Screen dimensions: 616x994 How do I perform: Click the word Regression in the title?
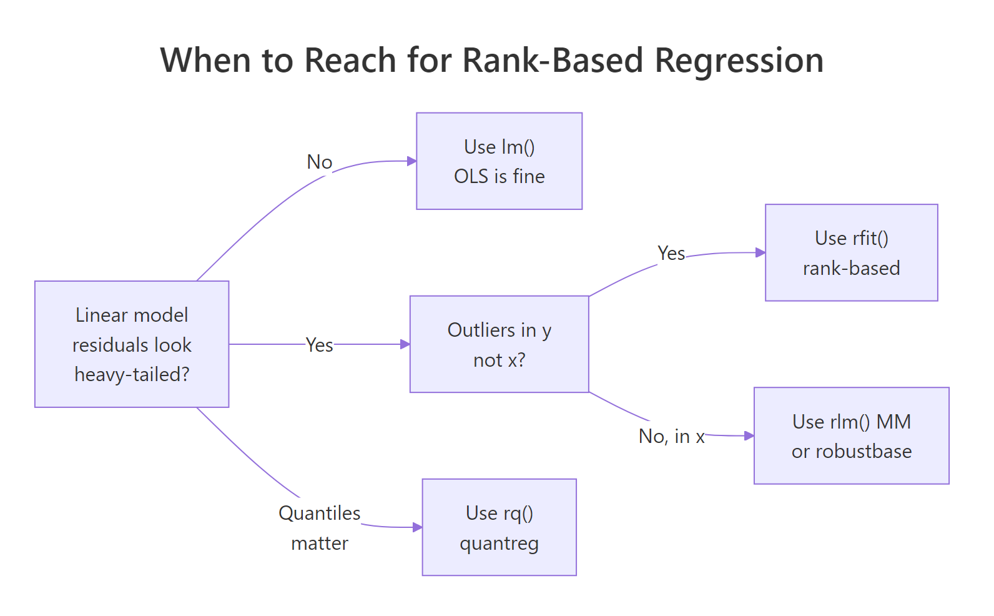[739, 61]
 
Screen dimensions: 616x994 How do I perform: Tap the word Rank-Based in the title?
[553, 61]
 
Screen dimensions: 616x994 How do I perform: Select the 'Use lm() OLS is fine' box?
[499, 161]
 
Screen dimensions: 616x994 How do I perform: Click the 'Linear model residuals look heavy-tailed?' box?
[132, 344]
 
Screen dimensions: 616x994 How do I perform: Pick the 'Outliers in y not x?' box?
[499, 344]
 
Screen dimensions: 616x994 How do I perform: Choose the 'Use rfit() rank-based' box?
[851, 253]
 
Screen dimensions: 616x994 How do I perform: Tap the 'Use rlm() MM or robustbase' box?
[851, 436]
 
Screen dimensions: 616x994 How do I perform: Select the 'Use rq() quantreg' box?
[499, 527]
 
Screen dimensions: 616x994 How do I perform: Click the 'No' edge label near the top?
[319, 162]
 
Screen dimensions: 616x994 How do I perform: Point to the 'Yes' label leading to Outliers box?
[319, 345]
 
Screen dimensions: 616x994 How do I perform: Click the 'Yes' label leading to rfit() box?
[671, 254]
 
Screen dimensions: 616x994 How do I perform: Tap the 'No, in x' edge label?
[671, 437]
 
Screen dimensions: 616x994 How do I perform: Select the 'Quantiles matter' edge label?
[319, 528]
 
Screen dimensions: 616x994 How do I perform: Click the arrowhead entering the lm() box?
[412, 161]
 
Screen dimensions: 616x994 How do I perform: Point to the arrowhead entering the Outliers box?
[406, 344]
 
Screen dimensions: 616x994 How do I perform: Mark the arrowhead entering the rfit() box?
[760, 253]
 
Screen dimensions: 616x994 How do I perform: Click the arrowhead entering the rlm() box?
[749, 436]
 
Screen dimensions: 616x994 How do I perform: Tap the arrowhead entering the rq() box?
[418, 527]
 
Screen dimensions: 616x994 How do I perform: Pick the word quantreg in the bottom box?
[499, 544]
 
